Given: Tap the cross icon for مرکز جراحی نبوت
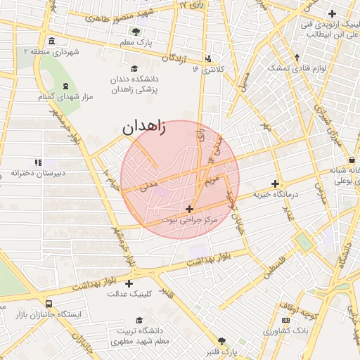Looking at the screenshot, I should coord(189,209).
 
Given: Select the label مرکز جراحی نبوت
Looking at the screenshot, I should coord(189,221).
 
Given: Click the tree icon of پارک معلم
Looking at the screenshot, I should coord(136,31).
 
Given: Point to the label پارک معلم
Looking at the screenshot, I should coord(136,44).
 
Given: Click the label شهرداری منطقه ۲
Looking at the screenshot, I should coord(51,52).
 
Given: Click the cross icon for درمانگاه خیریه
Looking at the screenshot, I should coord(276,184).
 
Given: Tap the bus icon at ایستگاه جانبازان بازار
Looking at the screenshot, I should coord(49,304).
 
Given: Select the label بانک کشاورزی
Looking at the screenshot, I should coord(287,330).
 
